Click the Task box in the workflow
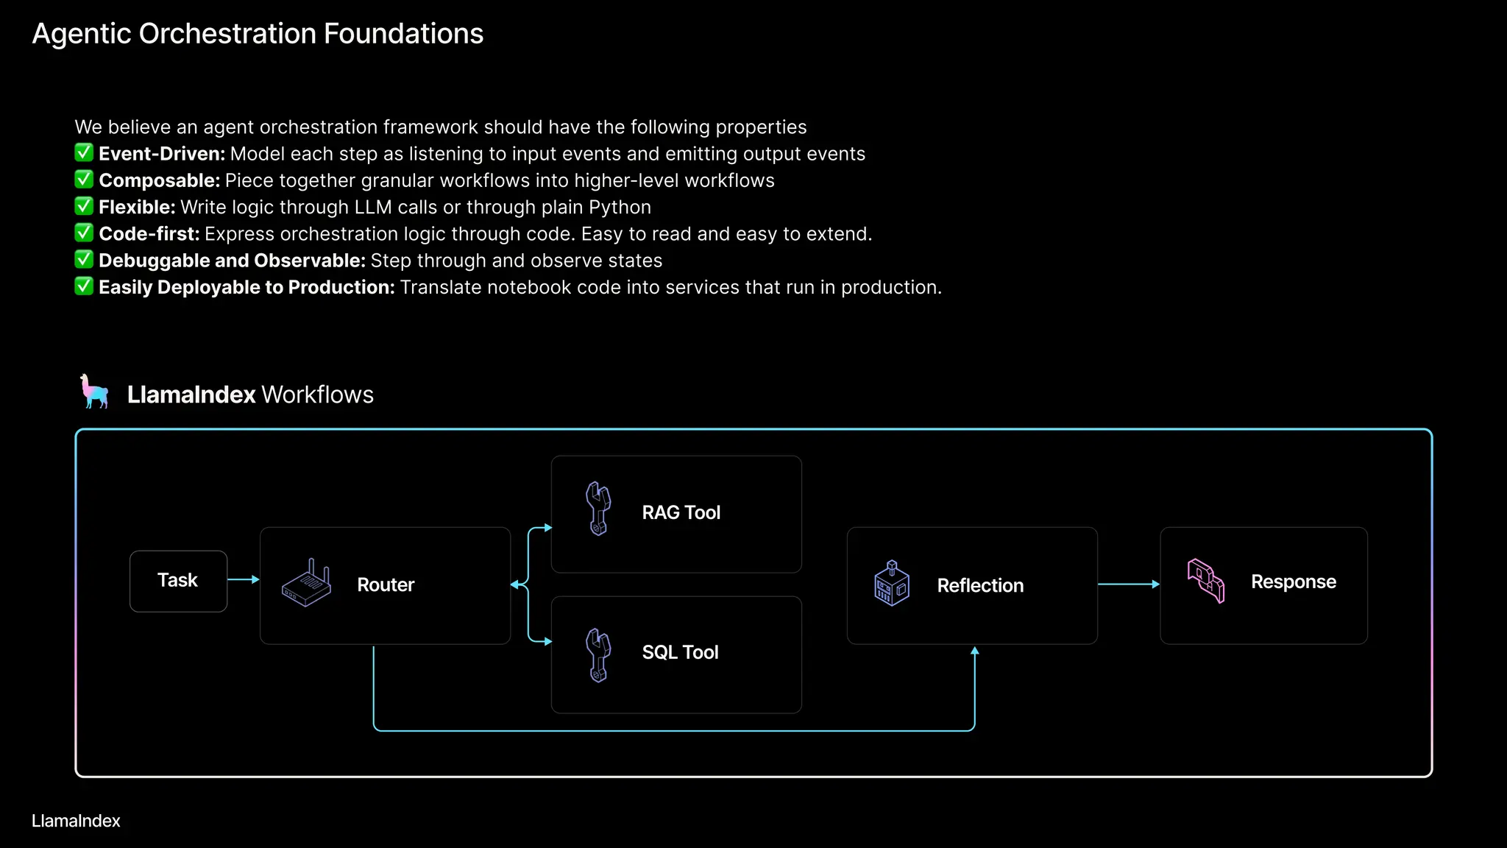click(x=178, y=581)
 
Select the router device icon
click(x=306, y=583)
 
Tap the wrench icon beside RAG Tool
click(x=598, y=509)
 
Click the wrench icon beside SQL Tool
click(x=598, y=655)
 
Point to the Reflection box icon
click(x=891, y=583)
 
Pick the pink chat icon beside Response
click(x=1206, y=581)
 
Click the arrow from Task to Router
click(x=244, y=579)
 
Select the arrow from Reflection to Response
click(x=1128, y=584)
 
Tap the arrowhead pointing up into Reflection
click(x=974, y=651)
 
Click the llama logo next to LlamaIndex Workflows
click(x=95, y=392)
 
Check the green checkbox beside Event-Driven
click(x=84, y=153)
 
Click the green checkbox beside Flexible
click(x=84, y=206)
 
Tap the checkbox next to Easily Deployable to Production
click(x=84, y=286)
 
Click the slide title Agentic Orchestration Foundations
click(x=258, y=34)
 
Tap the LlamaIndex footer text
click(x=76, y=821)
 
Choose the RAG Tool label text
click(x=681, y=512)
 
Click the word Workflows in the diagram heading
click(x=318, y=395)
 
